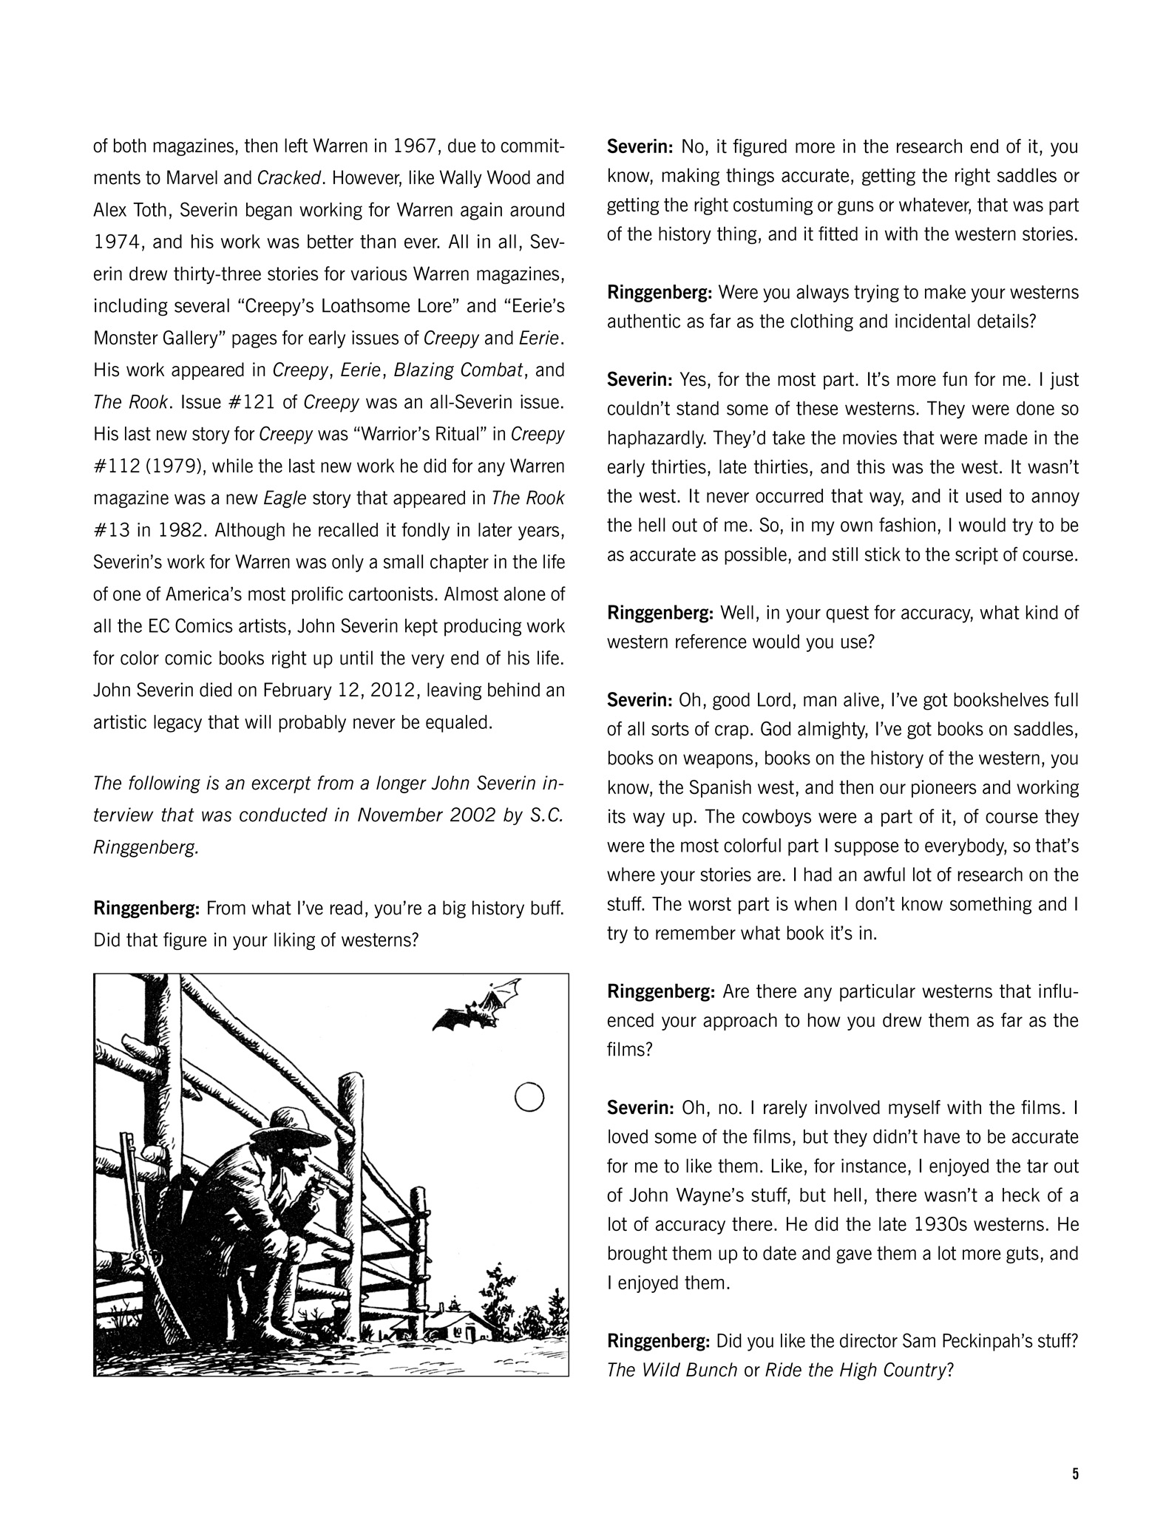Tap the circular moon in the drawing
[529, 1097]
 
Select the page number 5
[1075, 1473]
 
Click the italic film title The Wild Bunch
[671, 1370]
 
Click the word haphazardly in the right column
[659, 438]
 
